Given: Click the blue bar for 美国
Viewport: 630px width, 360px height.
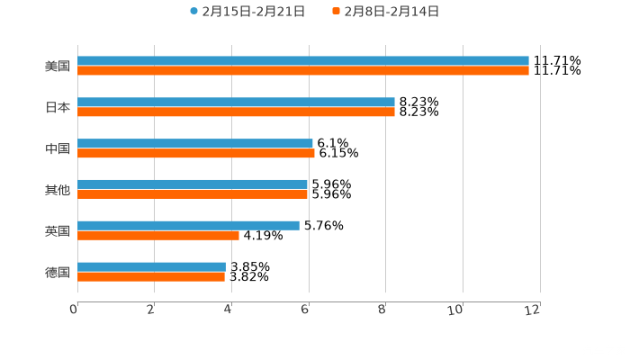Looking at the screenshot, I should [303, 61].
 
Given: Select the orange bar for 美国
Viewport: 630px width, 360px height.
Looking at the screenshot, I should [303, 71].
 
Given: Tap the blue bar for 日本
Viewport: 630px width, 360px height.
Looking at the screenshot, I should [236, 103].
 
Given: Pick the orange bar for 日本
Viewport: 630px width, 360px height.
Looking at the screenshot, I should [236, 112].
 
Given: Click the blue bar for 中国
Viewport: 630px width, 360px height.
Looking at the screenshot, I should [195, 144].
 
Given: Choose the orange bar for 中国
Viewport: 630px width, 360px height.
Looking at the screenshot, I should [196, 154].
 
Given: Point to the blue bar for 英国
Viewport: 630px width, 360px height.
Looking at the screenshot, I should [188, 226].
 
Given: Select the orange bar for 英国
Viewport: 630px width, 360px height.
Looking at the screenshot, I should [158, 236].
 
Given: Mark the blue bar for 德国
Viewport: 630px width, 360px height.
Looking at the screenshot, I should [151, 266].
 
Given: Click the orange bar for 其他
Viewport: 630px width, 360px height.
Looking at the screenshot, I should [193, 194].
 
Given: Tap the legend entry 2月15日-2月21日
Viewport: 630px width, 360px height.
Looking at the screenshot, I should [247, 12].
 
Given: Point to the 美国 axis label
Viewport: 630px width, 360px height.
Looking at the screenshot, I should [58, 66].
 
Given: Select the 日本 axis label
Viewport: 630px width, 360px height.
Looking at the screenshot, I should [58, 107].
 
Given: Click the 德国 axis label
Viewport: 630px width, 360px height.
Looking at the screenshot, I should [58, 272].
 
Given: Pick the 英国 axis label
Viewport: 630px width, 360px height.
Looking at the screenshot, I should [58, 230].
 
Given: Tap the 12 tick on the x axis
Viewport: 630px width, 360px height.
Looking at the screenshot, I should [535, 310].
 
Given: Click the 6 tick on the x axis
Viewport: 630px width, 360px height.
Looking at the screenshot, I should [307, 310].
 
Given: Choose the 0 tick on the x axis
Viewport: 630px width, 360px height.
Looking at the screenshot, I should [75, 310].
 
